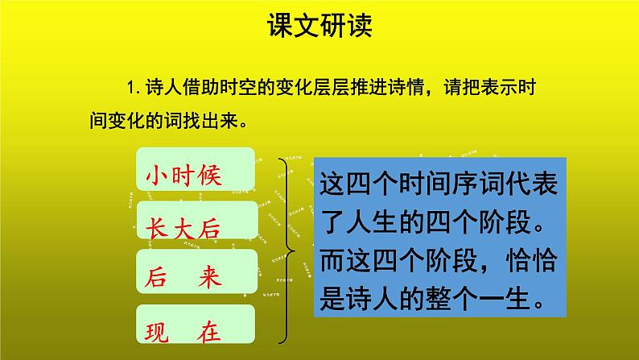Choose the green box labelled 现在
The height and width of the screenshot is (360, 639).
click(196, 329)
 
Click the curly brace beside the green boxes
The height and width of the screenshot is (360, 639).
click(287, 250)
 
